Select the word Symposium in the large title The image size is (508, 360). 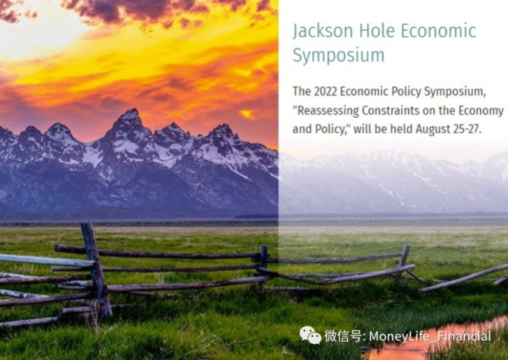click(x=339, y=55)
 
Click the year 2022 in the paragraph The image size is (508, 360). click(x=326, y=92)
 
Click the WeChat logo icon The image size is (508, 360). click(x=310, y=335)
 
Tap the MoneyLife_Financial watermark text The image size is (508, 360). click(x=430, y=336)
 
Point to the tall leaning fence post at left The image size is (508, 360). click(x=96, y=269)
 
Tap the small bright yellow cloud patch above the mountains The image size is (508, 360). click(x=247, y=114)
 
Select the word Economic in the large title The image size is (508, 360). click(x=439, y=31)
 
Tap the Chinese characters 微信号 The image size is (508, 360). click(x=343, y=335)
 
